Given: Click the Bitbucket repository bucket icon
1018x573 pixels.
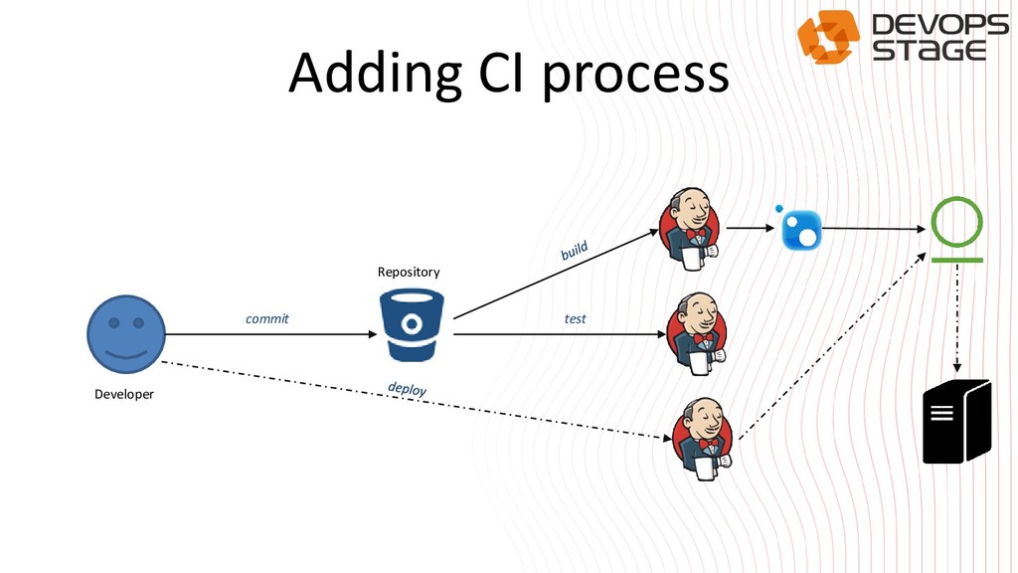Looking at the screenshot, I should tap(411, 324).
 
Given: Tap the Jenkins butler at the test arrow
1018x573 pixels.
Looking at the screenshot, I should tap(698, 333).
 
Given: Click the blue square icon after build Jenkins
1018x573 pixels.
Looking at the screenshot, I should tap(800, 230).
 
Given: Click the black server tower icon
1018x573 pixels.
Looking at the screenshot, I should tap(956, 422).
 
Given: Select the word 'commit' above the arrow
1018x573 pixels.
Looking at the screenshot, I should tap(267, 319).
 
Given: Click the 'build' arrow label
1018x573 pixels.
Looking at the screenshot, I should tap(575, 251).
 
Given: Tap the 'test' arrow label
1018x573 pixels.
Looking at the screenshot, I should tap(576, 319).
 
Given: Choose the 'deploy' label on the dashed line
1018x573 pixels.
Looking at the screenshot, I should tap(408, 389).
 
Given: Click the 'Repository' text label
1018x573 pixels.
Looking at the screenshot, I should tap(409, 272).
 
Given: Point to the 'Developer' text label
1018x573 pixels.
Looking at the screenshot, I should tap(124, 394).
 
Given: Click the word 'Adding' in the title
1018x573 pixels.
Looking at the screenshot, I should tap(375, 75).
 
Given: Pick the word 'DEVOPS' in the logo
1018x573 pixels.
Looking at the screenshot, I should tap(939, 25).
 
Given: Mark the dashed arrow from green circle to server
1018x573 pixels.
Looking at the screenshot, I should tap(957, 318).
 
